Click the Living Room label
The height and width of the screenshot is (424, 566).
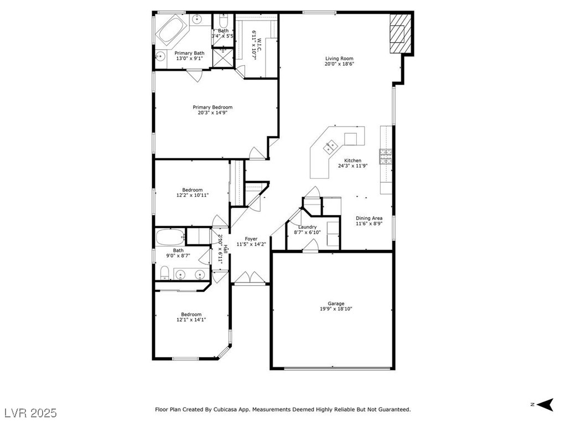tap(339, 59)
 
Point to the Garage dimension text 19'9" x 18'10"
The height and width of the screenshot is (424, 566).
tap(336, 309)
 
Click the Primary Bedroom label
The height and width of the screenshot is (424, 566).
tap(212, 107)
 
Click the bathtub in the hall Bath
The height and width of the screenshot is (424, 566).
tap(170, 238)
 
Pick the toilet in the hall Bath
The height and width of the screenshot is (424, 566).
tap(164, 272)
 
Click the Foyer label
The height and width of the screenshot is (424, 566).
tap(251, 239)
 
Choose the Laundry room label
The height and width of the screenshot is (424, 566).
tap(307, 227)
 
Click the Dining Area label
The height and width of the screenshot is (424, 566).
tap(369, 218)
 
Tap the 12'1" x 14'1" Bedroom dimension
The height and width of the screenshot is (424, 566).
tap(191, 320)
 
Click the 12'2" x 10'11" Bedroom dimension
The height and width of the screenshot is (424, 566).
tap(193, 195)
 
